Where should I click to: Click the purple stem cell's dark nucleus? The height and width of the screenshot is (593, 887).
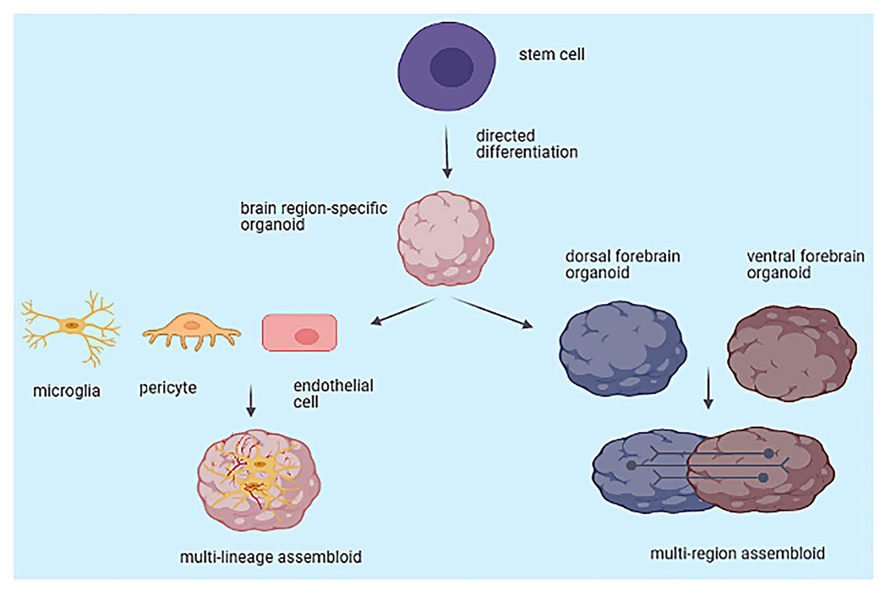(451, 68)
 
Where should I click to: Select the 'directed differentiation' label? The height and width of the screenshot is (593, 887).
(526, 143)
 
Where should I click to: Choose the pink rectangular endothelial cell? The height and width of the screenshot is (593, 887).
(300, 333)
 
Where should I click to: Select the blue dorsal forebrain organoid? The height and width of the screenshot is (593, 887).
(621, 347)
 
